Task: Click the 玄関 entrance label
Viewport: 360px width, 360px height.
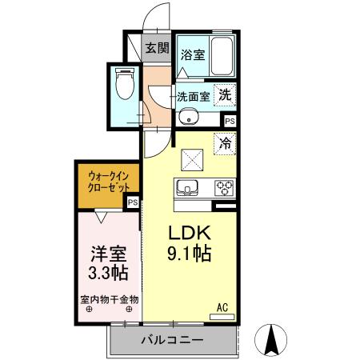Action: (x=156, y=47)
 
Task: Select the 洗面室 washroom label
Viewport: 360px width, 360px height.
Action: (x=194, y=96)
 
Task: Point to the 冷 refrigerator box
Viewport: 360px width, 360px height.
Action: (x=226, y=144)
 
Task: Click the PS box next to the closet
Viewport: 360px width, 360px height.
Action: (x=133, y=203)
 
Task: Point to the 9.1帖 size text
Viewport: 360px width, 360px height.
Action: (x=189, y=255)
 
